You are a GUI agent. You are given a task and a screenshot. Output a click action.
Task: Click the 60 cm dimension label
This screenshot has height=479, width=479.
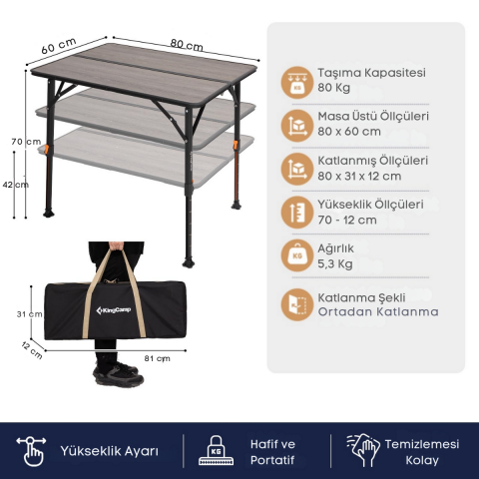pyautogui.click(x=59, y=46)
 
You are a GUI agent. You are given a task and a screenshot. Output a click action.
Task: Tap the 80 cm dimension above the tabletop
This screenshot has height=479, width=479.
pyautogui.click(x=187, y=45)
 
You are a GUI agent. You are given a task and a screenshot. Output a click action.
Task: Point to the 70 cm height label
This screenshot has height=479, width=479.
pyautogui.click(x=26, y=142)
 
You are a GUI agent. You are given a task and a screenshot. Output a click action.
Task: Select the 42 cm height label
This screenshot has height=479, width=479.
pyautogui.click(x=16, y=185)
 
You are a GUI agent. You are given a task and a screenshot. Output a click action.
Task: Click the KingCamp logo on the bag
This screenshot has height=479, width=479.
pyautogui.click(x=114, y=310)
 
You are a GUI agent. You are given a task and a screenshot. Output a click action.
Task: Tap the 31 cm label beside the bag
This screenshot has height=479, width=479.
pyautogui.click(x=30, y=314)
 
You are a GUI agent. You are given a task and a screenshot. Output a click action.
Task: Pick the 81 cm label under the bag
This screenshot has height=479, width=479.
pyautogui.click(x=157, y=358)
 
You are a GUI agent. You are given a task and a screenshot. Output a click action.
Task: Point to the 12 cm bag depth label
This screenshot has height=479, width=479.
pyautogui.click(x=32, y=350)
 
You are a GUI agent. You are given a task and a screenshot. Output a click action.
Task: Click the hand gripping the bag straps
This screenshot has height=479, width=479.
pyautogui.click(x=117, y=246)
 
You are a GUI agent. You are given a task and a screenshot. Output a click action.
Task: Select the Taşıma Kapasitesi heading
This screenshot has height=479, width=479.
pyautogui.click(x=371, y=73)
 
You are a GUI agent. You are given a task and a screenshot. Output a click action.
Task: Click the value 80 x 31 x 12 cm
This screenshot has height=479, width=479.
pyautogui.click(x=359, y=176)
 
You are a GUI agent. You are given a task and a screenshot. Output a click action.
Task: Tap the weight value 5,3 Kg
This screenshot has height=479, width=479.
pyautogui.click(x=335, y=263)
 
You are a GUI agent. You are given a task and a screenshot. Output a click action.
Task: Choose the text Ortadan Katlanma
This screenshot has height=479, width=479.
pyautogui.click(x=378, y=311)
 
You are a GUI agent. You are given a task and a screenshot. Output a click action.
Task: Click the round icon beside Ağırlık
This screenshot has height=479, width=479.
pyautogui.click(x=297, y=255)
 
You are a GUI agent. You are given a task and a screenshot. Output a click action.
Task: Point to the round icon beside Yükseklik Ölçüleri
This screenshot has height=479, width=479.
pyautogui.click(x=297, y=213)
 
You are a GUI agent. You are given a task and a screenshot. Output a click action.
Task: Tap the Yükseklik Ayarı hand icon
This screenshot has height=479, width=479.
pyautogui.click(x=31, y=451)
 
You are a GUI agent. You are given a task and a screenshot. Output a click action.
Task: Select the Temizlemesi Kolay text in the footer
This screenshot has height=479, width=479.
pyautogui.click(x=422, y=452)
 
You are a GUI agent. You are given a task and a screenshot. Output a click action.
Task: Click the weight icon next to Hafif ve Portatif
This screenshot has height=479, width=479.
pyautogui.click(x=217, y=450)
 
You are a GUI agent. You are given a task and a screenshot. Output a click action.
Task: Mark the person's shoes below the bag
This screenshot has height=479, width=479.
pyautogui.click(x=119, y=373)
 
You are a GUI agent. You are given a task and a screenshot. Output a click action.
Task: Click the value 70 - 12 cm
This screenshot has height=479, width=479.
pyautogui.click(x=347, y=220)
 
